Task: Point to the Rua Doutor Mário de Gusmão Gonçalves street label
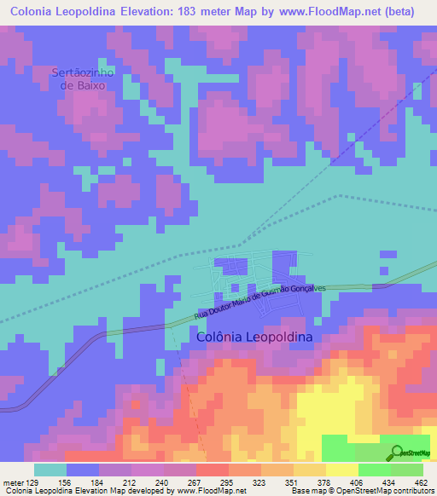click(x=265, y=303)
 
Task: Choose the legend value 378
click(x=323, y=482)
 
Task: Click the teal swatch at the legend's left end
click(x=50, y=469)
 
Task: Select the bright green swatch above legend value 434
click(x=374, y=469)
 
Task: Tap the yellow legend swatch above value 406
click(x=341, y=469)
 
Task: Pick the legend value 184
click(x=99, y=482)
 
